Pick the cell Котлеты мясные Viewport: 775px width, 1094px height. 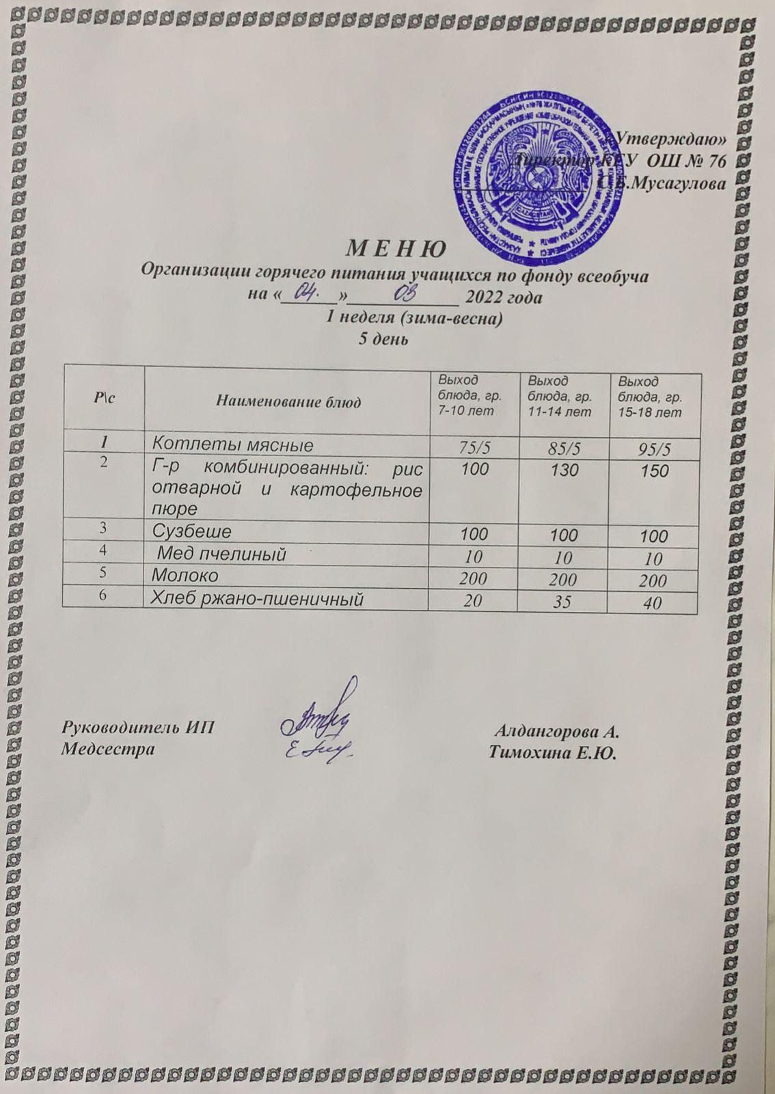pyautogui.click(x=232, y=446)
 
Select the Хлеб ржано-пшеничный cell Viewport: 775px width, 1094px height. pyautogui.click(x=256, y=599)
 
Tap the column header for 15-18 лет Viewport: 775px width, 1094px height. pyautogui.click(x=649, y=397)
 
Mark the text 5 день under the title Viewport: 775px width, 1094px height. pyautogui.click(x=384, y=338)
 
